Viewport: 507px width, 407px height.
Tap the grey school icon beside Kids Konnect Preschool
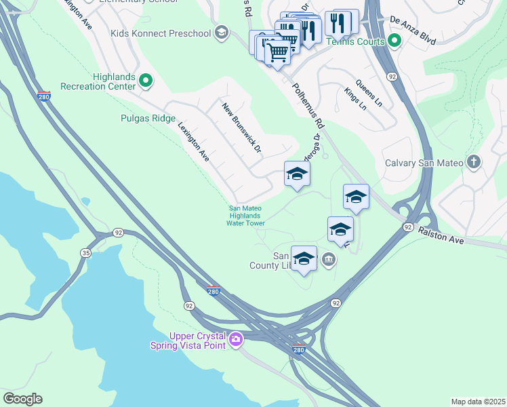coord(221,33)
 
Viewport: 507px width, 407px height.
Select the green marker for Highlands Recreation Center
coord(146,82)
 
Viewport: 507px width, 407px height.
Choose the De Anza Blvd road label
coord(413,30)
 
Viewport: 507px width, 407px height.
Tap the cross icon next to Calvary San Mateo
coord(474,162)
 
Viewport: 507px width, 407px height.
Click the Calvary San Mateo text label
coord(424,163)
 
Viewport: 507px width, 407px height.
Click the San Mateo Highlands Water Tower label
coord(245,215)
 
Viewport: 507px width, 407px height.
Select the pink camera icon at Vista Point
coord(235,338)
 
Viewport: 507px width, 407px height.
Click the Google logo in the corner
coord(22,399)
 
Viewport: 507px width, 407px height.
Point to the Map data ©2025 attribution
coord(477,402)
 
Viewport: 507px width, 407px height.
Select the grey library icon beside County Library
coord(329,258)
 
